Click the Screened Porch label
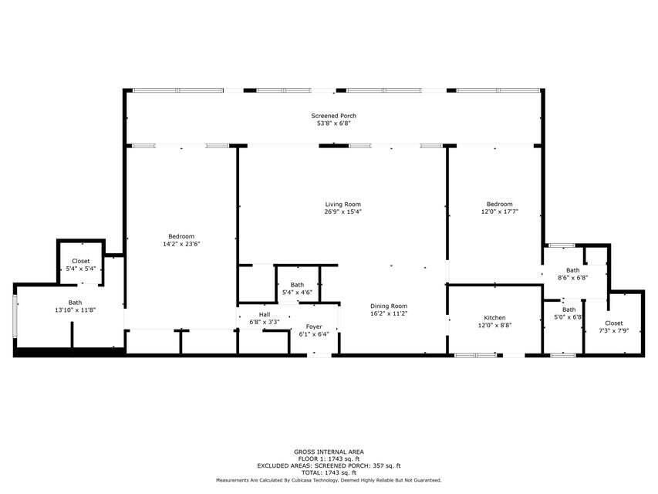(x=333, y=116)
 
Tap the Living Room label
(x=343, y=205)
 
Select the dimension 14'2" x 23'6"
(x=181, y=244)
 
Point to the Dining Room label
(x=388, y=306)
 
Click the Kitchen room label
(x=494, y=318)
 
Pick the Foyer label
(x=313, y=327)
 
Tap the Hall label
(x=265, y=315)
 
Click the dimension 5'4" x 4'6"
(x=297, y=293)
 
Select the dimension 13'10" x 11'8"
(x=75, y=310)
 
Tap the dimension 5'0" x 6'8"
(x=568, y=316)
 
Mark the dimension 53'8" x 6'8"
(x=333, y=123)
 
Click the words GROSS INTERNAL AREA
(x=329, y=452)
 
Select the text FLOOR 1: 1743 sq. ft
(x=329, y=458)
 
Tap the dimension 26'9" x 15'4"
(x=343, y=212)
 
